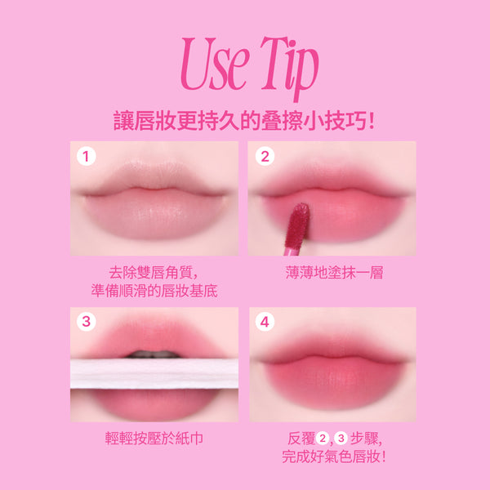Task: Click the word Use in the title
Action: click(x=215, y=64)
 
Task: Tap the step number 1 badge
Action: click(x=86, y=156)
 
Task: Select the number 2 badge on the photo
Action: click(x=265, y=156)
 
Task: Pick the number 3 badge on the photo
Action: click(x=86, y=322)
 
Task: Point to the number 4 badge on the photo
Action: click(x=265, y=322)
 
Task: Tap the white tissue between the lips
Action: click(x=154, y=373)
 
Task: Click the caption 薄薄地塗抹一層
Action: click(x=334, y=272)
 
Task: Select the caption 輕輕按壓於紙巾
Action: click(x=154, y=438)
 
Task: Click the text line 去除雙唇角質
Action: click(x=154, y=272)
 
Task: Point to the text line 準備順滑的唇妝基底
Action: click(x=154, y=291)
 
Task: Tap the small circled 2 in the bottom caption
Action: click(x=322, y=438)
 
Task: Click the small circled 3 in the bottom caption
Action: click(x=341, y=438)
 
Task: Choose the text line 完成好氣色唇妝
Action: click(x=334, y=457)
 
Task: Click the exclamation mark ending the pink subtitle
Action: click(x=371, y=121)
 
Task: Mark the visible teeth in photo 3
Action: click(x=154, y=354)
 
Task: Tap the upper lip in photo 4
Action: click(x=333, y=349)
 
